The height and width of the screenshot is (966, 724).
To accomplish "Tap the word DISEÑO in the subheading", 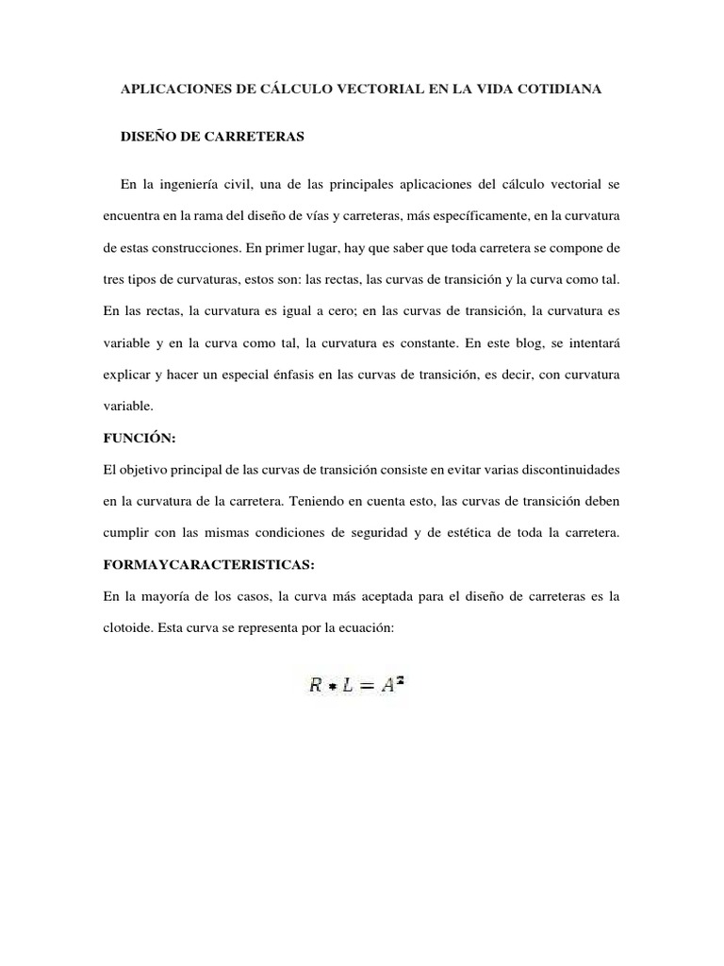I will [x=150, y=137].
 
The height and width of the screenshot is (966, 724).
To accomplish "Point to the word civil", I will [x=267, y=183].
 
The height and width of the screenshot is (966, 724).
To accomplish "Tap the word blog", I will [x=520, y=345].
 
